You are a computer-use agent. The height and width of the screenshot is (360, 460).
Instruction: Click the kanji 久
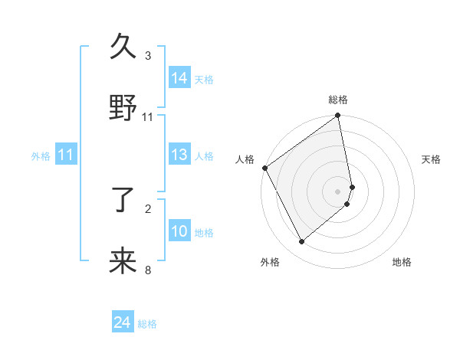123,47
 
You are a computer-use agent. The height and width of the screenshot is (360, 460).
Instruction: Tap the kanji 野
123,109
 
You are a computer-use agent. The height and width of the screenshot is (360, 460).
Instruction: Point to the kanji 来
123,261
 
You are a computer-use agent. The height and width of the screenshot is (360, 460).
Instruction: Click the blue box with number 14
179,78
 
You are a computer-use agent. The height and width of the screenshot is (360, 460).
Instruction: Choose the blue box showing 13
179,155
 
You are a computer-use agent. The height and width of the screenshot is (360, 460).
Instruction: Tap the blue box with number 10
179,231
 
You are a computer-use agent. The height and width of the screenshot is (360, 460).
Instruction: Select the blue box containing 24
123,323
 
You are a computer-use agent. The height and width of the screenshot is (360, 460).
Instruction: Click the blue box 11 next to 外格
66,155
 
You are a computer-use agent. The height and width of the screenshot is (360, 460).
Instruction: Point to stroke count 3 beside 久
147,56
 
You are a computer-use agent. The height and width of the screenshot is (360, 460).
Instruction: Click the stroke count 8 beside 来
147,270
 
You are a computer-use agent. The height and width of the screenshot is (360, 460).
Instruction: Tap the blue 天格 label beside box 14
204,79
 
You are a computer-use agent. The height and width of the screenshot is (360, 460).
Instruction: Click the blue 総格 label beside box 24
147,324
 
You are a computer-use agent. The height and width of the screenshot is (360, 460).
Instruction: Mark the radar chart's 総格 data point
338,116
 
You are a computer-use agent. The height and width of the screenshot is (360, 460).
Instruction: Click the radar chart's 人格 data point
264,168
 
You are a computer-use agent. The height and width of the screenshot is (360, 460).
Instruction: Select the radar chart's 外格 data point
301,242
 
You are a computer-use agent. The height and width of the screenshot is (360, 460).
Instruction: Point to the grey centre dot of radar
338,191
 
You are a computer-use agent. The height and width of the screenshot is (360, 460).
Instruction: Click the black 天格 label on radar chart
431,159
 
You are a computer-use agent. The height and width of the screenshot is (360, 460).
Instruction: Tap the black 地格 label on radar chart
402,262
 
